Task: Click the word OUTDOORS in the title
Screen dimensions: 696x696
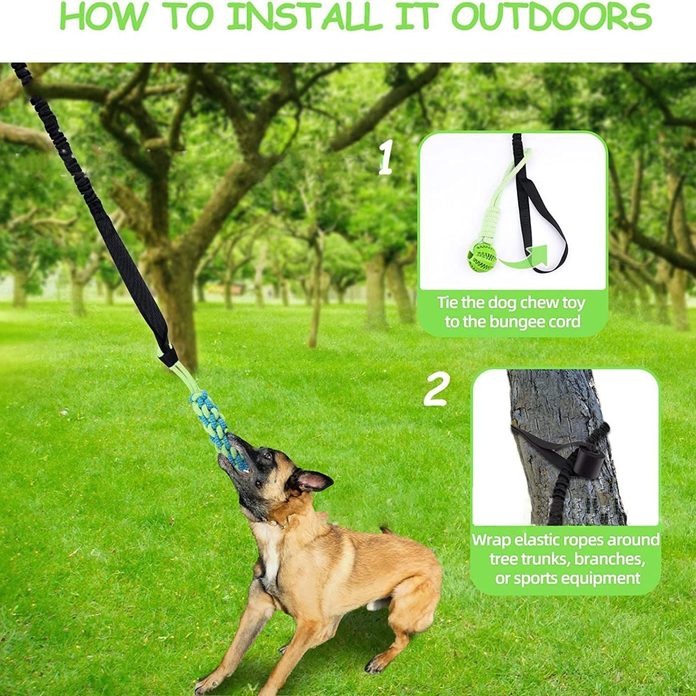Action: pyautogui.click(x=551, y=17)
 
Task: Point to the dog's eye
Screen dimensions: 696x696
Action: pyautogui.click(x=266, y=457)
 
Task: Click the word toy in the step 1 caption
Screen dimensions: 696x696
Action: pyautogui.click(x=573, y=303)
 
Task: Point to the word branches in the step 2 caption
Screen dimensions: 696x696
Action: pyautogui.click(x=609, y=559)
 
